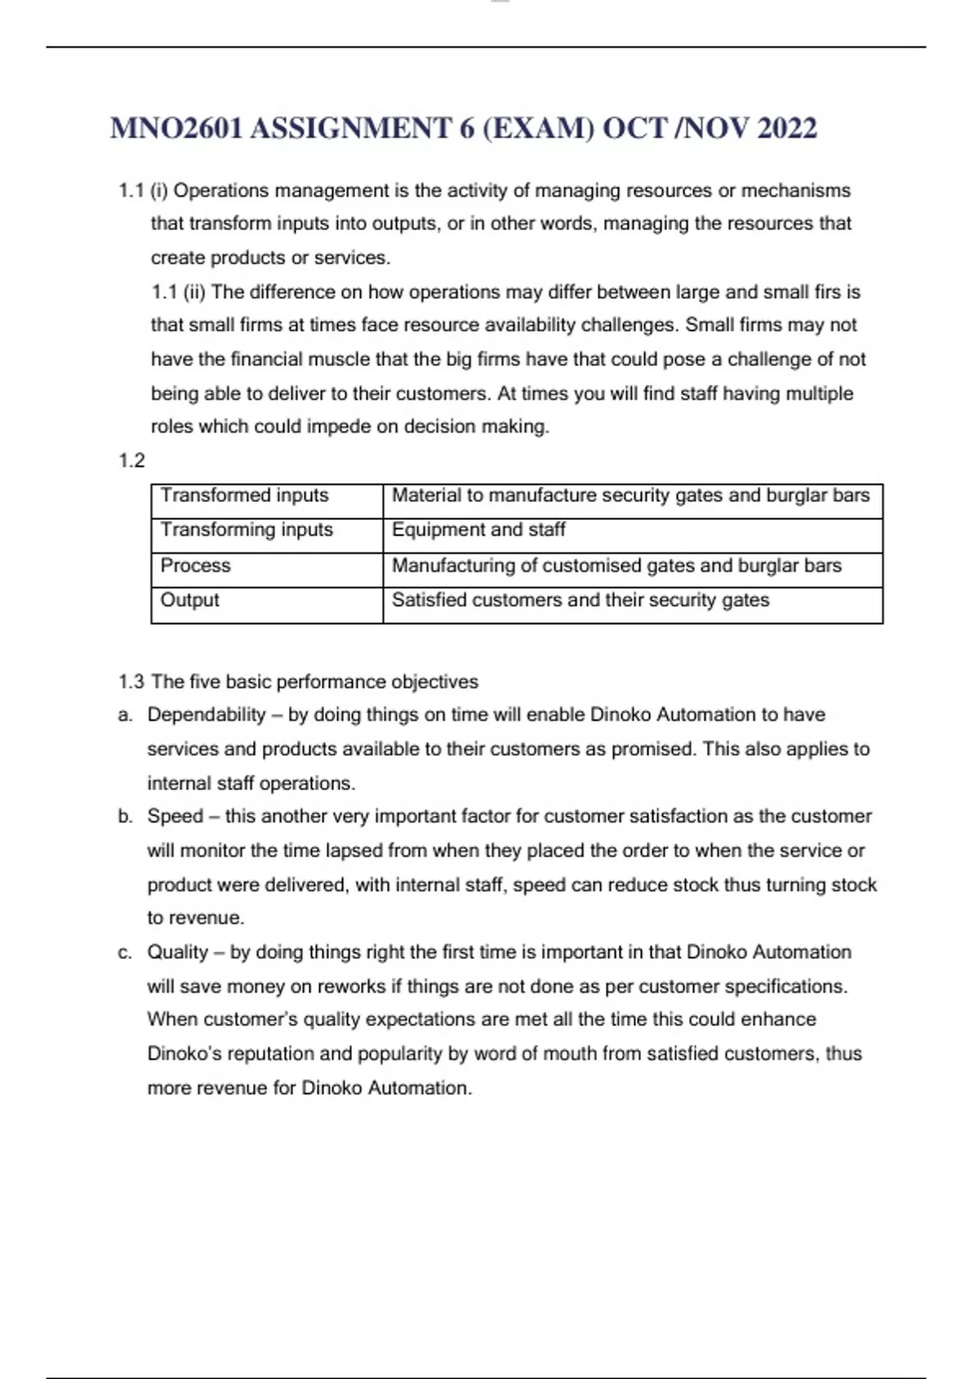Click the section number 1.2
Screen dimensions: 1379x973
[x=131, y=461]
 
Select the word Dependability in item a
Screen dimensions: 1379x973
[x=206, y=715]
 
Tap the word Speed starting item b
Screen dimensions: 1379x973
[x=175, y=816]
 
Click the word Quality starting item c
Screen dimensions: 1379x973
[x=178, y=952]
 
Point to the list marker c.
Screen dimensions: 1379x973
[x=124, y=953]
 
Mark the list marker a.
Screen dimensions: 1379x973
[x=124, y=715]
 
